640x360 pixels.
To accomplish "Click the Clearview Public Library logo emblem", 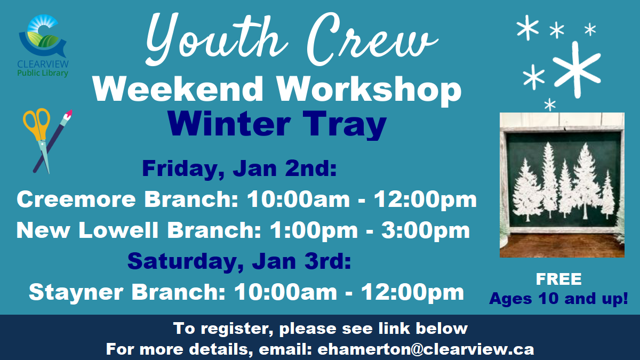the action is [x=43, y=36].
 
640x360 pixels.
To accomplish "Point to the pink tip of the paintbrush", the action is [x=69, y=114].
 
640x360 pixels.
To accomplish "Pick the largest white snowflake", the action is [x=577, y=69].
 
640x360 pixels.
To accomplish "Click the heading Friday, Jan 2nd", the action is [x=239, y=169].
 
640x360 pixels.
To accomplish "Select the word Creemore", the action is [x=76, y=199].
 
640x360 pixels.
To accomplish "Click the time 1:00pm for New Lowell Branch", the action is [x=314, y=230].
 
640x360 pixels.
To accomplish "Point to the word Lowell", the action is [x=118, y=230].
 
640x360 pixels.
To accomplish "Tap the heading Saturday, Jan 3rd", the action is [x=239, y=261].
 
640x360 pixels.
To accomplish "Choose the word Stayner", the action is [x=76, y=292].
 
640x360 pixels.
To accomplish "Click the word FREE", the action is [x=558, y=279].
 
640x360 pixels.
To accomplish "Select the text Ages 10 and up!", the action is [x=558, y=299].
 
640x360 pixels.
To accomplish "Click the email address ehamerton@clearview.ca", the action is [x=426, y=349].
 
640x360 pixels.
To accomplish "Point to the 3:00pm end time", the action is [x=426, y=230].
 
